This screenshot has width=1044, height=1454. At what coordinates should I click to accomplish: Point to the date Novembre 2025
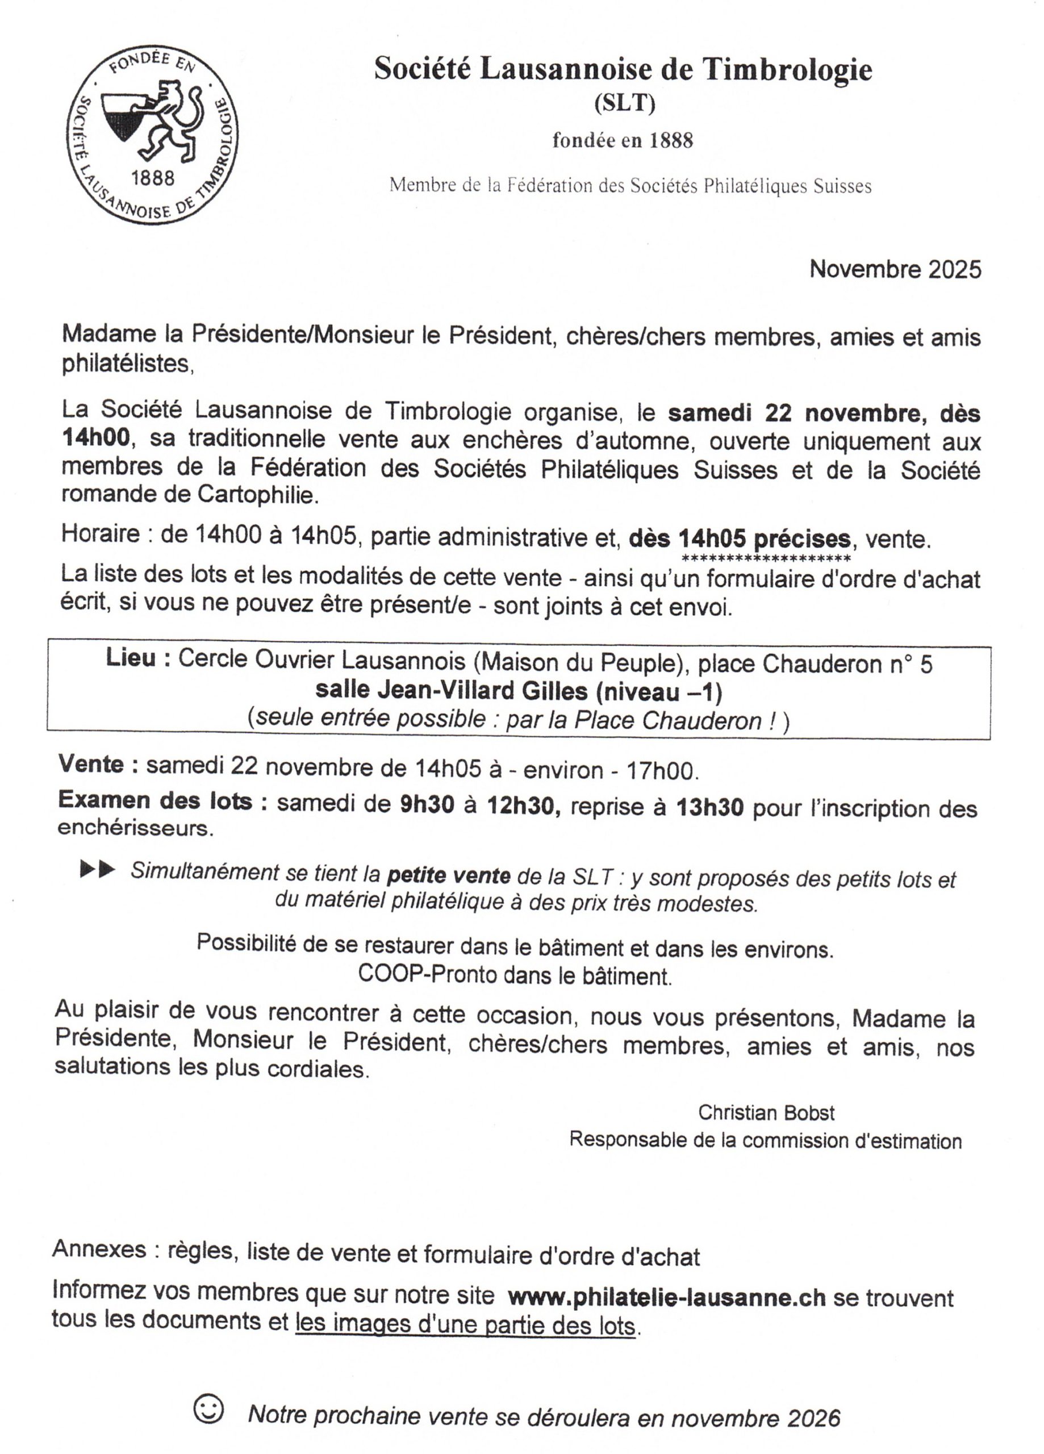(x=895, y=269)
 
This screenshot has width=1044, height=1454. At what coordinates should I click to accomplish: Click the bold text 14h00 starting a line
(x=96, y=438)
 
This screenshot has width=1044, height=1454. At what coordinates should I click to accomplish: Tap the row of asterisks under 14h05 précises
(x=766, y=558)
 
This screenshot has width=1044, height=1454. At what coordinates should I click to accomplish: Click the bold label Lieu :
(x=138, y=658)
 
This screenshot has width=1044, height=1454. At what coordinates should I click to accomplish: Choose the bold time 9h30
(x=427, y=805)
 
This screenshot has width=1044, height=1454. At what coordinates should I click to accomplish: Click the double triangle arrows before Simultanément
(x=98, y=870)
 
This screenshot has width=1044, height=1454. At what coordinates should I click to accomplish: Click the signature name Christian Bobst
(x=766, y=1112)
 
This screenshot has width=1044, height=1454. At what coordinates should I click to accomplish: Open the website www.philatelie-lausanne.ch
(x=666, y=1298)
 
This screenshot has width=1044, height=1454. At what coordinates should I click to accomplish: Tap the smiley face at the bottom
(x=209, y=1409)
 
